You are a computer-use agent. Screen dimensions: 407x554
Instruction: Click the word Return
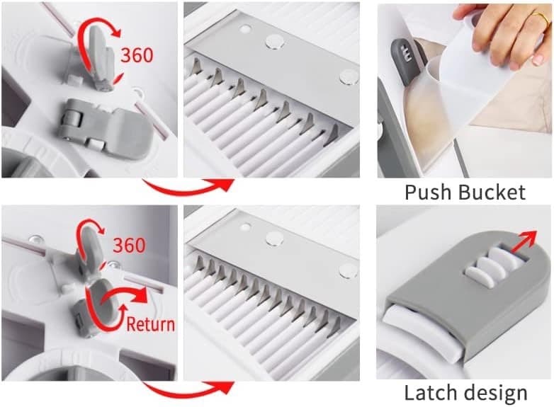click(x=150, y=324)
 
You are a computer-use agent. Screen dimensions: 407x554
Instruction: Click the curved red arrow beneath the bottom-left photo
click(x=188, y=388)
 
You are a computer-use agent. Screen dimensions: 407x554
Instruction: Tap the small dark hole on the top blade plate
click(x=245, y=30)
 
